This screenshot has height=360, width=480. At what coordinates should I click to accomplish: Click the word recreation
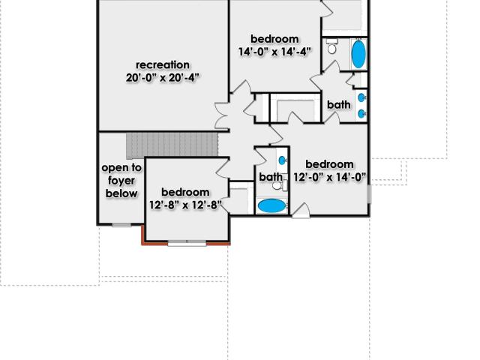click(x=163, y=65)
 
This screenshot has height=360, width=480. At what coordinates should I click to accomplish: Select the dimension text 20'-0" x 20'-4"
click(x=163, y=78)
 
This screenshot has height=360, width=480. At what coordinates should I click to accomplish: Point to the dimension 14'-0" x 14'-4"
click(x=274, y=52)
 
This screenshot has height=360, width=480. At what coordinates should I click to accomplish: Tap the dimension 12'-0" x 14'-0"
click(x=330, y=177)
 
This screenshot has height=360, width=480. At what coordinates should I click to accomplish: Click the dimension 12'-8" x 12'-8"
click(x=185, y=205)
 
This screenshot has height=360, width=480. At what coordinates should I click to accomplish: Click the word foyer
click(x=121, y=181)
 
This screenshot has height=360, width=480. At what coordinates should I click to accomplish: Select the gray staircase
click(x=172, y=145)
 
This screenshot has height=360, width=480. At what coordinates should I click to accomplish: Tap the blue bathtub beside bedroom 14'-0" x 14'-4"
click(x=358, y=54)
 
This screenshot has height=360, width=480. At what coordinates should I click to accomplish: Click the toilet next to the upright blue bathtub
click(x=331, y=46)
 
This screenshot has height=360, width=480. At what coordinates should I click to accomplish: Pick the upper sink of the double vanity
click(x=361, y=97)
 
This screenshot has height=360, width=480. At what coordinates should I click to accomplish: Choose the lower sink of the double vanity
click(x=361, y=114)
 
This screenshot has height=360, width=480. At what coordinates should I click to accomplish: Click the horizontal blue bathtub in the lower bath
click(x=271, y=205)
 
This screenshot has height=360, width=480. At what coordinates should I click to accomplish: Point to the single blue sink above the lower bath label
click(x=282, y=160)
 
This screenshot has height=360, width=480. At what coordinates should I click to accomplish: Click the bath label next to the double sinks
click(x=339, y=105)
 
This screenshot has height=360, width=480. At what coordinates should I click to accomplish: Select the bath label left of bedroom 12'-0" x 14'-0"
click(x=271, y=177)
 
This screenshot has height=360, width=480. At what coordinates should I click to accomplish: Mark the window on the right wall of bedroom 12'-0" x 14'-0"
click(x=369, y=193)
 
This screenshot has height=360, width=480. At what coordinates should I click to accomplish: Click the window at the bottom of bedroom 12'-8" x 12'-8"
click(x=187, y=243)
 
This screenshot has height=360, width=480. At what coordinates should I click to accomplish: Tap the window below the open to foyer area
click(x=121, y=225)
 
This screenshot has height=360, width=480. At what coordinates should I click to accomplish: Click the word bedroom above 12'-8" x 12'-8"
click(x=185, y=192)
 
